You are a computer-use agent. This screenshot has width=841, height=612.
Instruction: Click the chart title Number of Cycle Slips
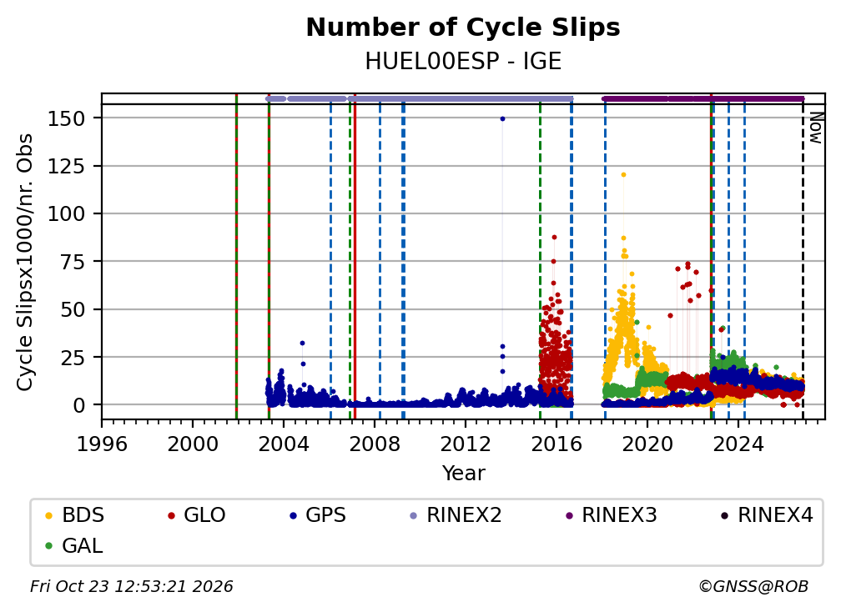click(x=463, y=28)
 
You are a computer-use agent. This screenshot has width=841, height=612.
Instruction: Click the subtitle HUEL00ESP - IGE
click(x=463, y=62)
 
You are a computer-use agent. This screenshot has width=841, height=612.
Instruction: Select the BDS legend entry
click(x=74, y=515)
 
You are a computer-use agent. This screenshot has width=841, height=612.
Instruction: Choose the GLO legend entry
click(x=196, y=515)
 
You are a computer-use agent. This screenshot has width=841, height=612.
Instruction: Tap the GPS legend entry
click(x=318, y=515)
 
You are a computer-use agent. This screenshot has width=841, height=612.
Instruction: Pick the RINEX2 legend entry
click(x=456, y=515)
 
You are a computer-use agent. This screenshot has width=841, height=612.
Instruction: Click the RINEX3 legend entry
click(x=611, y=515)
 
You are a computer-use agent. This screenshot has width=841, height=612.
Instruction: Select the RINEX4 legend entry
click(x=767, y=515)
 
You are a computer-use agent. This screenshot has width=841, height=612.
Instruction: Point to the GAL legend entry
click(x=74, y=546)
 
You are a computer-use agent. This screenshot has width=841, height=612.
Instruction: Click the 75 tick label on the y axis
click(x=73, y=262)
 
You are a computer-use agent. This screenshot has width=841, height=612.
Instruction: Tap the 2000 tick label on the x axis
click(x=193, y=444)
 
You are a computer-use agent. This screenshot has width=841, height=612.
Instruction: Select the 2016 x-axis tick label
click(x=556, y=444)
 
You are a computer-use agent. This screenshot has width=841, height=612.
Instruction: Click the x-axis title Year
click(x=463, y=474)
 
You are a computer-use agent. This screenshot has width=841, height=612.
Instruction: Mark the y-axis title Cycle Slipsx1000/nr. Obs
click(x=25, y=262)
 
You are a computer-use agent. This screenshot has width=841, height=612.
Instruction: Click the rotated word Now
click(x=815, y=128)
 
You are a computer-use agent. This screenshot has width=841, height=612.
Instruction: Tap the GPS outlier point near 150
click(x=502, y=118)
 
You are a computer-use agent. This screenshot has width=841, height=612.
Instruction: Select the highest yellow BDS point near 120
click(x=623, y=175)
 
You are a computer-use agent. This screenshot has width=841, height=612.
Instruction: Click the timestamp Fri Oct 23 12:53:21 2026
click(x=132, y=586)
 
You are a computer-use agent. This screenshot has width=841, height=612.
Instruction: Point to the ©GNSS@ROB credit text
click(x=753, y=586)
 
